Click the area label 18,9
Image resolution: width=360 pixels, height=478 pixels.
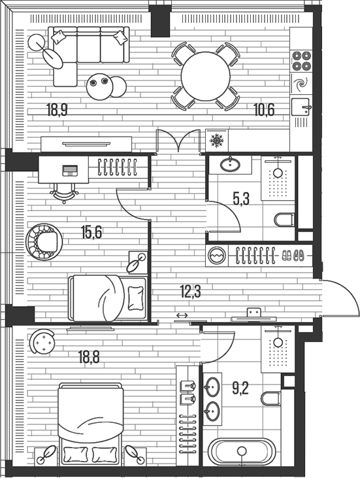tap(57, 109)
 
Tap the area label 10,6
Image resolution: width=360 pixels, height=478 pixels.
tap(264, 109)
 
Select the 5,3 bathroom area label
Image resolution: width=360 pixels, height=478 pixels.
tap(241, 199)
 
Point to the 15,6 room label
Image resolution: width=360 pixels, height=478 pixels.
tap(91, 231)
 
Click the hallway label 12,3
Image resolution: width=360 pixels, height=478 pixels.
tap(190, 291)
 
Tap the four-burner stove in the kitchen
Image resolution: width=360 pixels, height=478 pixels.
tap(301, 60)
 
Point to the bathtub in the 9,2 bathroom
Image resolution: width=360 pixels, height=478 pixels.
tap(242, 452)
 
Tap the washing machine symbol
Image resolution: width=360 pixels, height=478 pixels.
tap(217, 256)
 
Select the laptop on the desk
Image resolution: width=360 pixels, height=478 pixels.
tap(70, 171)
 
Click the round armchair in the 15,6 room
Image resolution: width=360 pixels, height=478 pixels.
tap(44, 240)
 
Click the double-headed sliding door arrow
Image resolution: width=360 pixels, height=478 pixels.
tap(182, 317)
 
